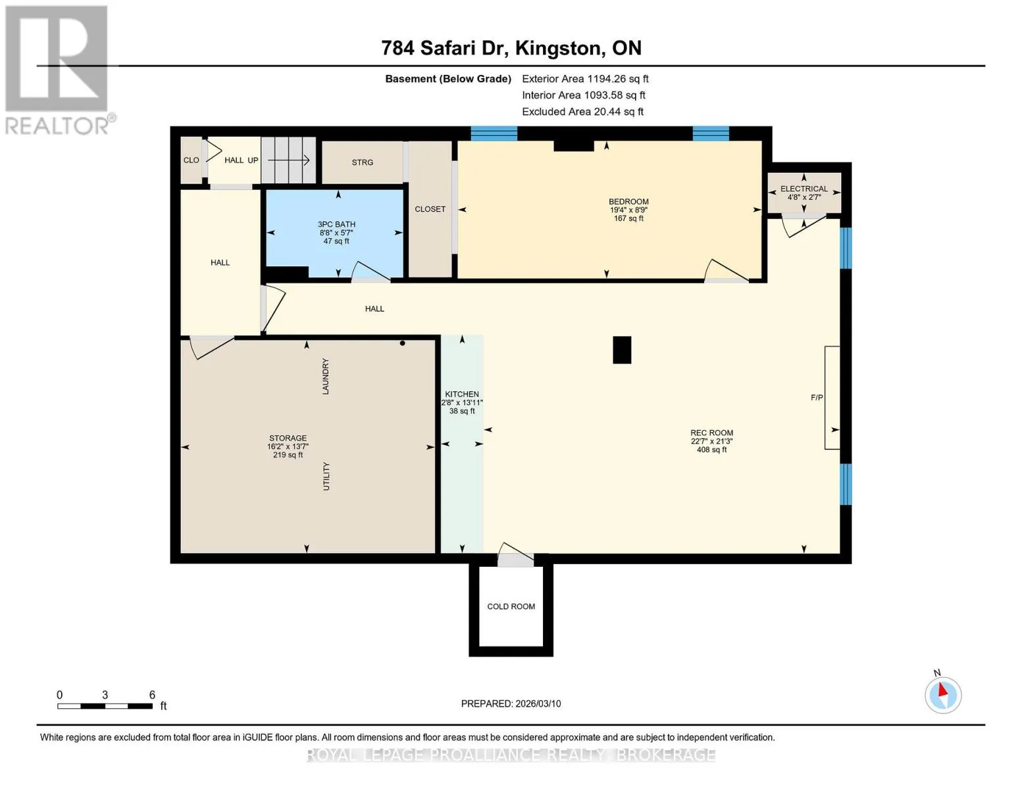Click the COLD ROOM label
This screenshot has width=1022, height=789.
pos(511,607)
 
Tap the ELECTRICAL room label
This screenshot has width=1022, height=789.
pos(804,189)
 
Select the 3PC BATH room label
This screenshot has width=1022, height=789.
pos(336,225)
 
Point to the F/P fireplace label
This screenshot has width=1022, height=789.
pos(817,398)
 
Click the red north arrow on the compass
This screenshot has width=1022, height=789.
pos(942,690)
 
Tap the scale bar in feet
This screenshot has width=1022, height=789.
pos(105,706)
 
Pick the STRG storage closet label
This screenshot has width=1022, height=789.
pos(362,162)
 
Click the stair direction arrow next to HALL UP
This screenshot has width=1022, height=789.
pos(288,160)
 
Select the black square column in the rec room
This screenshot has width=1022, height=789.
pos(622,350)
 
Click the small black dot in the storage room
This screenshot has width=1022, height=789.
pos(402,343)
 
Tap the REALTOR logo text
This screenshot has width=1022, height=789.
pos(57,126)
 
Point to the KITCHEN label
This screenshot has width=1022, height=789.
pos(462,394)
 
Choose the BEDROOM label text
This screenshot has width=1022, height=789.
pos(628,202)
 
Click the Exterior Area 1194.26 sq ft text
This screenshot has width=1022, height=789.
pos(585,79)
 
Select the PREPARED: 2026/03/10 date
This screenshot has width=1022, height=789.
pos(511,704)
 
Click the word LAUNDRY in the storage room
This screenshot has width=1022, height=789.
pos(326,376)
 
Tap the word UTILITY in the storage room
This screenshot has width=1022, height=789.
pos(326,477)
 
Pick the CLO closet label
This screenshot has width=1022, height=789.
pos(191,160)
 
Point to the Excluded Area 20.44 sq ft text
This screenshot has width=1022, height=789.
pos(582,112)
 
